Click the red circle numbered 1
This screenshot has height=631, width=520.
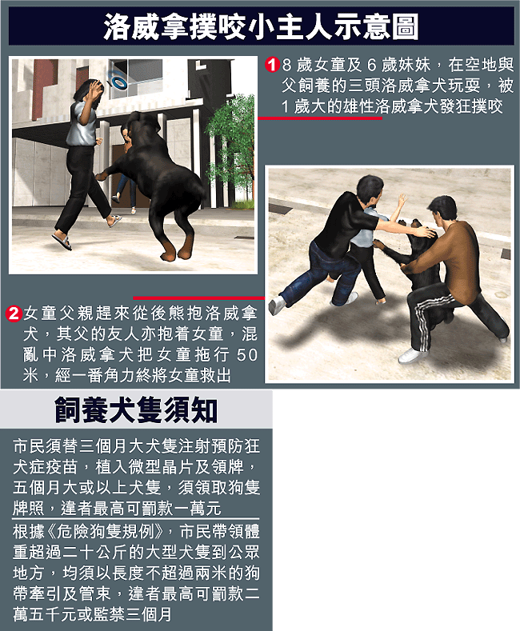tap(272, 65)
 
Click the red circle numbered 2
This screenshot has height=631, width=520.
tap(14, 314)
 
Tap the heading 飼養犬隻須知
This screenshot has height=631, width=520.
tap(136, 410)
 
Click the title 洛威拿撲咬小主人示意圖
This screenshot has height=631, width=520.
tap(262, 26)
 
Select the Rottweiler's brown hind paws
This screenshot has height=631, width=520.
tap(177, 249)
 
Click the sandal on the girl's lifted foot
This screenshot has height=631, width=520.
tap(62, 241)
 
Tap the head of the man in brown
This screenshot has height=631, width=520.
tap(442, 210)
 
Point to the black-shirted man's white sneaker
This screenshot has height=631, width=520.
tap(278, 305)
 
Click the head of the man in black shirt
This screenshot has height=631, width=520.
tap(370, 189)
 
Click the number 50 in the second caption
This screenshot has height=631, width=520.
tap(246, 355)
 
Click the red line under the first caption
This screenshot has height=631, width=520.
tap(319, 118)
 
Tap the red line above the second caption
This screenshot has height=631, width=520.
tap(199, 298)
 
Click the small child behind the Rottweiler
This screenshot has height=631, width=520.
tap(126, 169)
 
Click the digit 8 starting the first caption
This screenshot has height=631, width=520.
tap(286, 65)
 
